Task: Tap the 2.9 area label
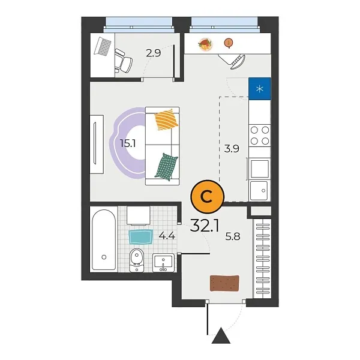point(154,53)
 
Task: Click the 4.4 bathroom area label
point(167,236)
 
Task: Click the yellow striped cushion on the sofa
point(166,119)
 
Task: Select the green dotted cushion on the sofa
point(166,166)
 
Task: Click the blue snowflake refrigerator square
point(259,89)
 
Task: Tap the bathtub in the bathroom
point(104,239)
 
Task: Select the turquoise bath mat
point(141,236)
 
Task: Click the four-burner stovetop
point(259,135)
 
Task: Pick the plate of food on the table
point(206,44)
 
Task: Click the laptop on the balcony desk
point(104,46)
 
